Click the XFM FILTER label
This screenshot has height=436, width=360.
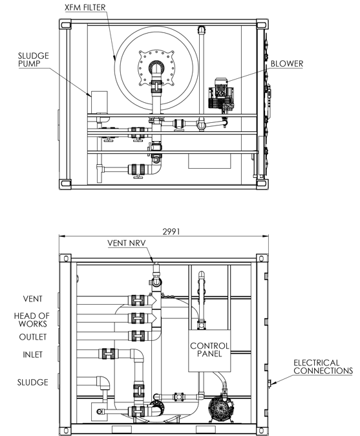85,8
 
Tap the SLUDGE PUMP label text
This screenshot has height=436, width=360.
34,60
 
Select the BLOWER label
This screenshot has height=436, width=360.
287,63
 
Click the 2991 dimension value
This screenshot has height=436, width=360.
171,232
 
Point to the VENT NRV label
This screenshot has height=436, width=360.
127,243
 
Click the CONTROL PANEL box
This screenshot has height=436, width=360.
209,351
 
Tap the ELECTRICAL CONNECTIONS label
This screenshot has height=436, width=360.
323,367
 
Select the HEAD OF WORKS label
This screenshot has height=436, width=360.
32,320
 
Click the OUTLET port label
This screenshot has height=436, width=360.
33,337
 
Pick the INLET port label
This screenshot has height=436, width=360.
32,354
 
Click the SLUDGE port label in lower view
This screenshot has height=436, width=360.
32,382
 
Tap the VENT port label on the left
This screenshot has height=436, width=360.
32,299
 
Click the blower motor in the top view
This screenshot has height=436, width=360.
221,93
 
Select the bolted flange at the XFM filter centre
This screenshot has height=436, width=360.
156,67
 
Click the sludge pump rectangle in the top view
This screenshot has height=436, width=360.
99,102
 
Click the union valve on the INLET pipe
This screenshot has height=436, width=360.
109,354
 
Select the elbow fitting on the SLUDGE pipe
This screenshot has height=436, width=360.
103,383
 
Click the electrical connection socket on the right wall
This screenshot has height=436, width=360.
269,383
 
